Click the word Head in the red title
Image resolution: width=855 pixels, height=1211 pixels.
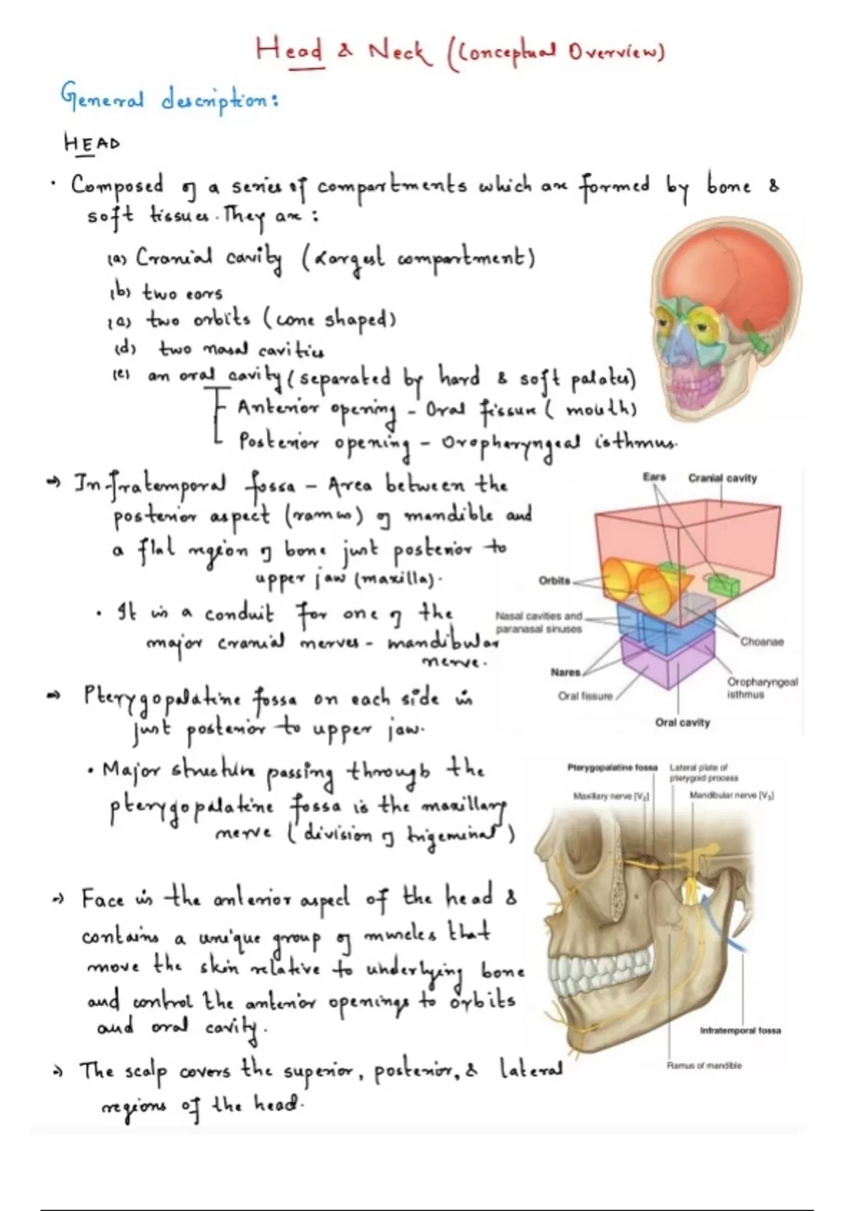point(289,51)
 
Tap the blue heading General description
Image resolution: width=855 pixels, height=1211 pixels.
point(169,98)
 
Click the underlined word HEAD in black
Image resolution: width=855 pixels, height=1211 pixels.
point(91,143)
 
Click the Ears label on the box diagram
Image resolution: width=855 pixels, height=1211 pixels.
point(653,477)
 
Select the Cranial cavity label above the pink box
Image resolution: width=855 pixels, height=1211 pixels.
point(722,478)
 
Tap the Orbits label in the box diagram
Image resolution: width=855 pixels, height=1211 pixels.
point(554,580)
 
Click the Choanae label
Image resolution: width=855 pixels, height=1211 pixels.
point(762,641)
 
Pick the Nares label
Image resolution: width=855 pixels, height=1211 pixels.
point(566,672)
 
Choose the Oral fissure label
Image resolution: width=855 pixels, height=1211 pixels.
point(585,696)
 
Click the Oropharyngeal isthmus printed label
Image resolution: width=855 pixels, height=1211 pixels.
point(762,687)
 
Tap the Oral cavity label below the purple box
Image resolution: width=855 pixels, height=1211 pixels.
point(683,722)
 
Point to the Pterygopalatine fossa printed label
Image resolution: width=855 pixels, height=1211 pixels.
point(612,767)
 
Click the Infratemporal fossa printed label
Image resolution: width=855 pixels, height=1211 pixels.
point(740,1030)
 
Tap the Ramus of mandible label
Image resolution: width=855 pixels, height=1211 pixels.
point(704,1065)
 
